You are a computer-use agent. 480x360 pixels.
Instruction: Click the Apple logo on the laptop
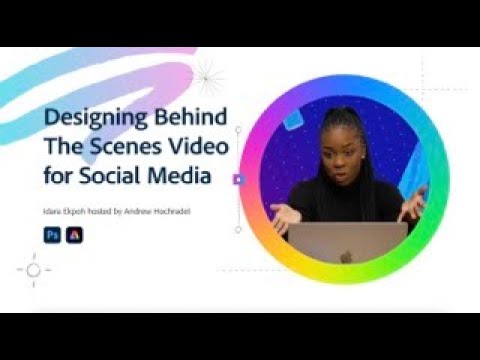pyautogui.click(x=346, y=256)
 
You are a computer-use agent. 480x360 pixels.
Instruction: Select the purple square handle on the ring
pyautogui.click(x=238, y=180)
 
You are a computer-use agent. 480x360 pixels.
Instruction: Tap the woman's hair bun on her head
pyautogui.click(x=340, y=105)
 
